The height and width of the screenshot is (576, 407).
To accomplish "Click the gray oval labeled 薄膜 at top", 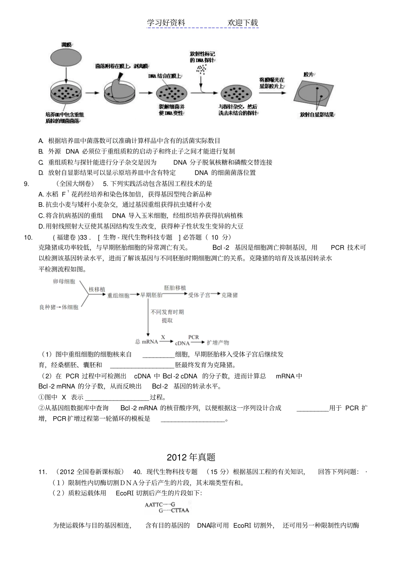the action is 66,57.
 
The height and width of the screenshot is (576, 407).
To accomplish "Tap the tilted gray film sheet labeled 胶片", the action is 316,95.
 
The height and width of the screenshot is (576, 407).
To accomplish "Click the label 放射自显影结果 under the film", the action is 317,115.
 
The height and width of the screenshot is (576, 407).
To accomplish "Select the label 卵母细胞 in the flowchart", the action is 64,282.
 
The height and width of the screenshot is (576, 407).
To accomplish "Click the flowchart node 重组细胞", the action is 118,295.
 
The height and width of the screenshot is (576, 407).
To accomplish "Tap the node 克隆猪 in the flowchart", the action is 230,295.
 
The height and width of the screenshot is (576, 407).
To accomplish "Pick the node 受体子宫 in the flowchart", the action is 199,295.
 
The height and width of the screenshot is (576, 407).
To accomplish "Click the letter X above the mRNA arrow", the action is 163,337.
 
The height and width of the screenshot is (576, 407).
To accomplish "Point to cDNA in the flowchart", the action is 182,343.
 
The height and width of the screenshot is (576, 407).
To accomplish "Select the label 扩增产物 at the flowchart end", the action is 218,342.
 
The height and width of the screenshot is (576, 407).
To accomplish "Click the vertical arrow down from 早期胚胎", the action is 148,317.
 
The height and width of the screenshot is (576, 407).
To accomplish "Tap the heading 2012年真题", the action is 191,457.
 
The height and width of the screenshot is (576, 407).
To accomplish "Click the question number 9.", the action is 27,184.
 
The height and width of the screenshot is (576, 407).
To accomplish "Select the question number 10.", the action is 28,237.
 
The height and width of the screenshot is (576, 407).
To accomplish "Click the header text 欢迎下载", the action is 243,23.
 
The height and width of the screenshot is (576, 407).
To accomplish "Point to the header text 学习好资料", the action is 166,23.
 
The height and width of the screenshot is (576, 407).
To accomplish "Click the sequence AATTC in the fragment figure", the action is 153,505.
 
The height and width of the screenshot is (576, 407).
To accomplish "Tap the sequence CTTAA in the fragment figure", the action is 180,510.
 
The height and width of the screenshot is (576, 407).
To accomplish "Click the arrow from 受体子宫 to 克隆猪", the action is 215,294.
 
